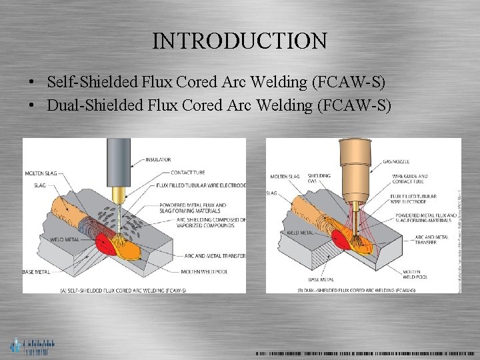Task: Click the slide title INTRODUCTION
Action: coord(239,41)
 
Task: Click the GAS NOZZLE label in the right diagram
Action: coord(397,162)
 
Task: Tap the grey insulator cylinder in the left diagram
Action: coord(119,160)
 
